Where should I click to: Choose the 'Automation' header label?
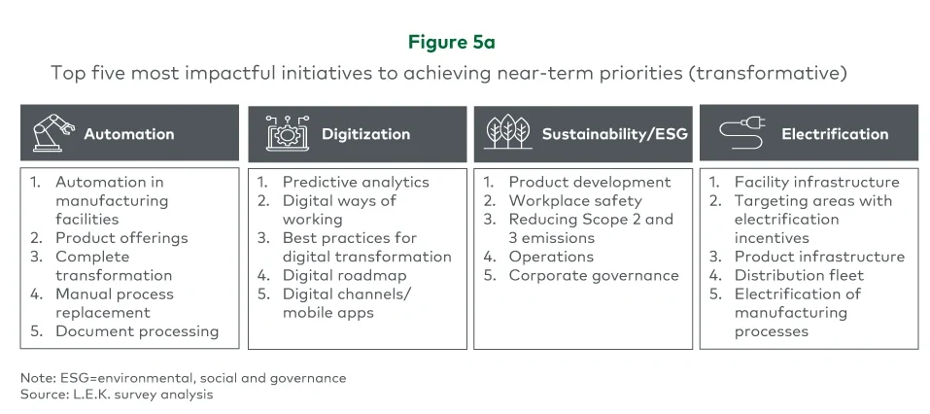click(x=128, y=134)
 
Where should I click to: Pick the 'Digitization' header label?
click(x=365, y=134)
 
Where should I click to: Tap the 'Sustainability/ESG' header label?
click(x=614, y=134)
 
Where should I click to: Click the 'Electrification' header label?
click(x=835, y=134)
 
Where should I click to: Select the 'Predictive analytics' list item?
click(x=355, y=182)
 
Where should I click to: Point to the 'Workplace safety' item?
click(x=575, y=200)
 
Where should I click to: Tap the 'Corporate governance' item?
click(x=594, y=275)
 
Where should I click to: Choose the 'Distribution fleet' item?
click(x=799, y=275)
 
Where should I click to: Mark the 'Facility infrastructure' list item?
click(x=816, y=182)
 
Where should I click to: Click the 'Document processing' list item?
click(x=136, y=331)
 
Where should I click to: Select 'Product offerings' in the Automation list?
click(x=121, y=237)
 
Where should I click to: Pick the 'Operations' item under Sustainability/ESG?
click(x=551, y=257)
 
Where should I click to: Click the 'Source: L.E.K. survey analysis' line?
click(x=117, y=395)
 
